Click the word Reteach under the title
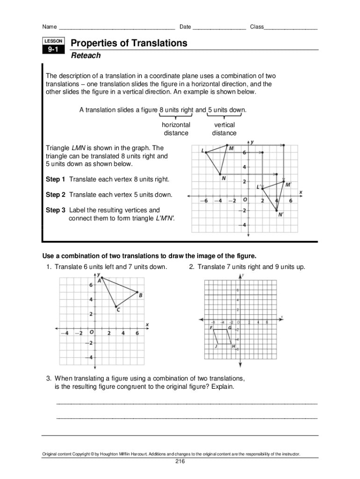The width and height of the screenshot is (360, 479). coord(86,56)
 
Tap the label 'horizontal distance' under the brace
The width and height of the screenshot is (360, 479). coord(176,129)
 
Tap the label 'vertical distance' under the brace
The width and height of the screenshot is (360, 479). coord(224,129)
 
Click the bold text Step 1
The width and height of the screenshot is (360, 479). coord(56,180)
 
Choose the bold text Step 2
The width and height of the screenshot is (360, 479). coord(56,195)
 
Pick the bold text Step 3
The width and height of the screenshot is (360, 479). coord(56,210)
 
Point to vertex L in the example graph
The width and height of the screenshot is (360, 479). coord(207,152)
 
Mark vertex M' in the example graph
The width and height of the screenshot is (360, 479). coord(283,181)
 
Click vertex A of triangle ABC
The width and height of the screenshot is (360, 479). coord(102,278)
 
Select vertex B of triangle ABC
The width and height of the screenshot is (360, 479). coord(137,292)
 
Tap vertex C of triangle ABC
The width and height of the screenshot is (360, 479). coord(116,306)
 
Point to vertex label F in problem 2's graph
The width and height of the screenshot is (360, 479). coord(211,328)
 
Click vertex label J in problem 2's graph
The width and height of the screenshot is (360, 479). coord(216,347)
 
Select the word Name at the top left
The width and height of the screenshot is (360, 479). coord(50,27)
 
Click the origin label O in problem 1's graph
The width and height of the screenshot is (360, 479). coord(92,333)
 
